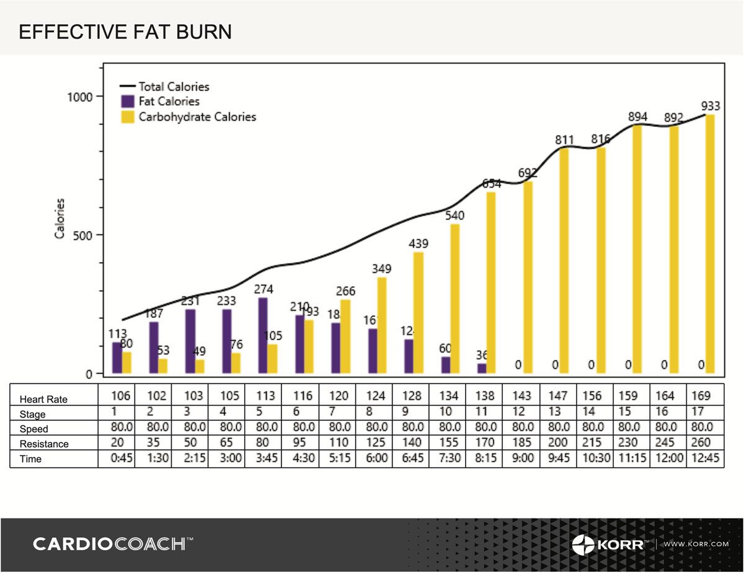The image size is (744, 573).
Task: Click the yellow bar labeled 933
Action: (710, 244)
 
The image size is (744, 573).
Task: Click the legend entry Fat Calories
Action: (168, 102)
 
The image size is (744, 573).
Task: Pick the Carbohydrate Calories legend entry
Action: (197, 116)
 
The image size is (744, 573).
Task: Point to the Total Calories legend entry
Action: (174, 87)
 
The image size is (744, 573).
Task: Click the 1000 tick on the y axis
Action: (79, 97)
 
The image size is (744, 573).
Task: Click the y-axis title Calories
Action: (60, 218)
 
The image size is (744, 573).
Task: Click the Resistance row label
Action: (43, 444)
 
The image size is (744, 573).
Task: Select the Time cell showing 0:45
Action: (120, 459)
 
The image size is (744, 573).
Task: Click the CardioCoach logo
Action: (112, 545)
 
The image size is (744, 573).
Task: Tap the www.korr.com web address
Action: (696, 545)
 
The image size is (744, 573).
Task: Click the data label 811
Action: (565, 141)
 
